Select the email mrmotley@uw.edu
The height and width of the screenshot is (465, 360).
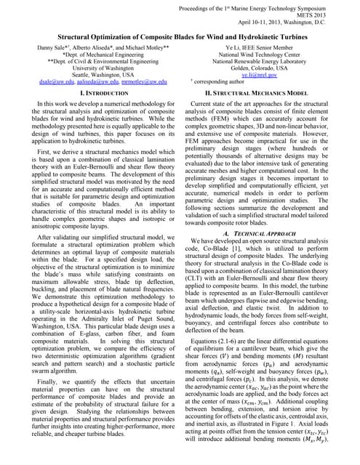[148, 83]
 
